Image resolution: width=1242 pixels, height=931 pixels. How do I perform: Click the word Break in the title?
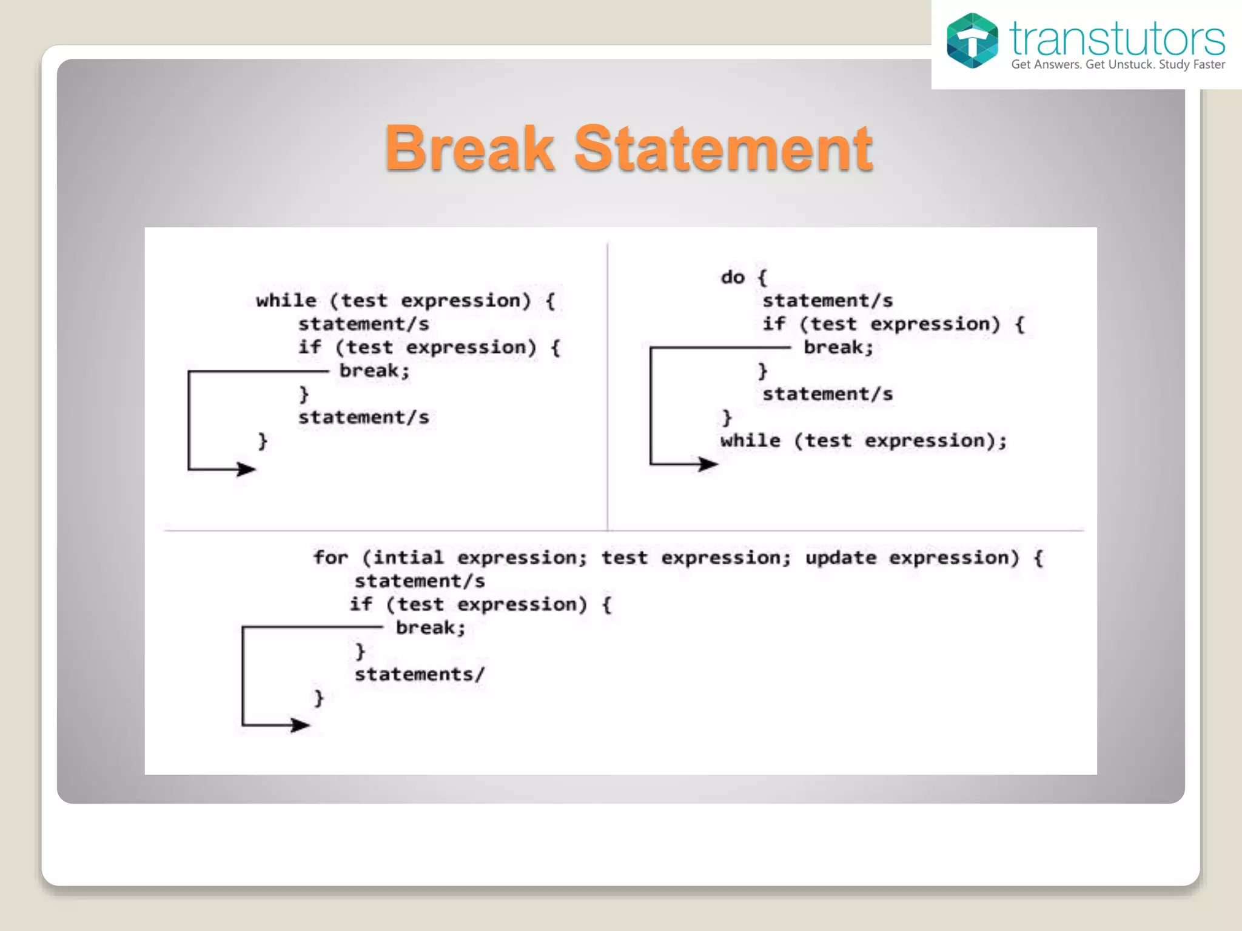tap(469, 149)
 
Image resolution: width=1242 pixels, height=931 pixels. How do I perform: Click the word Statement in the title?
tap(723, 149)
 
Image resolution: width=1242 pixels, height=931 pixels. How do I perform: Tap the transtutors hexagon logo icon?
tap(972, 41)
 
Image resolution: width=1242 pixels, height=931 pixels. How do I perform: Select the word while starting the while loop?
tap(286, 301)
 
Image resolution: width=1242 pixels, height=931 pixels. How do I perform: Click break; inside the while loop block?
tap(374, 370)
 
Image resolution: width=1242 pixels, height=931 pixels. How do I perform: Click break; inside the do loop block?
tap(838, 347)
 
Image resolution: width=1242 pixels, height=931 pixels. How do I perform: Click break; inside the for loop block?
tap(431, 627)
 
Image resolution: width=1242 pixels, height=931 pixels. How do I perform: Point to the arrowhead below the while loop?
tap(246, 469)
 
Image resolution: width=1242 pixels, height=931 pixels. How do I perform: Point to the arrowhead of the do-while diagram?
tap(708, 464)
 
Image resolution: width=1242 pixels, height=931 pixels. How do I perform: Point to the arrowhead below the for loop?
tap(300, 724)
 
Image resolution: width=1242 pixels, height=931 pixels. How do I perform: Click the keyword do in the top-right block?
tap(733, 278)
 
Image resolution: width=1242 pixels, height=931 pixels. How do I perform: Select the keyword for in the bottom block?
tap(331, 558)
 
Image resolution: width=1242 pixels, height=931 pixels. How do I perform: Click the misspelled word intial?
tap(408, 558)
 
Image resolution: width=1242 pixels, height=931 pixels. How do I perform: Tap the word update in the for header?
tap(841, 558)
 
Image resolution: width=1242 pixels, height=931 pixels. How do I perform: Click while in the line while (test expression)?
tap(750, 441)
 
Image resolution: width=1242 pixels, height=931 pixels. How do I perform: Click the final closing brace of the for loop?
tap(319, 698)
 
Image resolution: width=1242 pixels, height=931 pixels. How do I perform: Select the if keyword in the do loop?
tap(774, 324)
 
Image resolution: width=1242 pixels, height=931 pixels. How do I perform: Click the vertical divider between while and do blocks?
tap(608, 388)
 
